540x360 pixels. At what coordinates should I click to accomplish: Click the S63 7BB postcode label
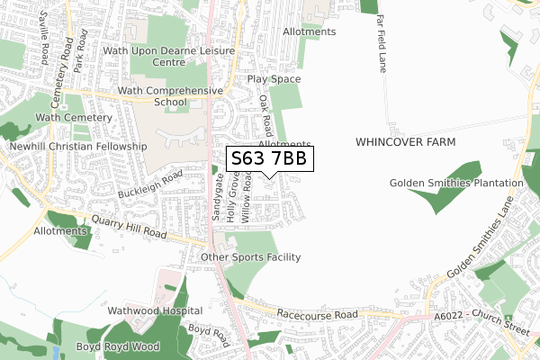pyautogui.click(x=269, y=159)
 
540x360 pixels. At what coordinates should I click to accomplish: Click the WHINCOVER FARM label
pyautogui.click(x=405, y=142)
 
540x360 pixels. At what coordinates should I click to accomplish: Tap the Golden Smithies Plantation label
pyautogui.click(x=456, y=184)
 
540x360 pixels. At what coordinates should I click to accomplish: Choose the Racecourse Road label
pyautogui.click(x=319, y=316)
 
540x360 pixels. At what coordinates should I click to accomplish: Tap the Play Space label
pyautogui.click(x=274, y=79)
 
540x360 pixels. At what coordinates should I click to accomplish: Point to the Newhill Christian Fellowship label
pyautogui.click(x=77, y=146)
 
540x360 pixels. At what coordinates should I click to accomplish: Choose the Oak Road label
pyautogui.click(x=265, y=114)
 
